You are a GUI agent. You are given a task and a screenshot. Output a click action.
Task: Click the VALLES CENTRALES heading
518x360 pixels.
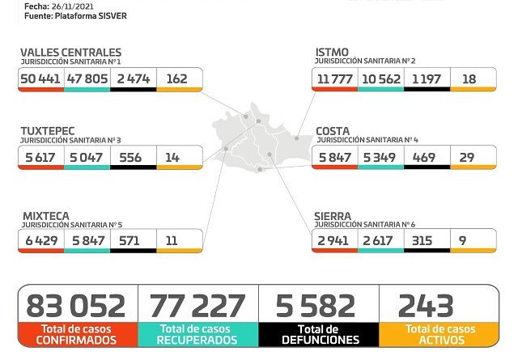point(71,53)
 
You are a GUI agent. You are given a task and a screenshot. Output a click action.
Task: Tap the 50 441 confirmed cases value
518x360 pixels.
point(40,78)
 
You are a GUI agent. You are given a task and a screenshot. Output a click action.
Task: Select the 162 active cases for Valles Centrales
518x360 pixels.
point(176,78)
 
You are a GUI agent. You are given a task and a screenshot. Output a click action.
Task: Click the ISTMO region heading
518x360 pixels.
point(333,53)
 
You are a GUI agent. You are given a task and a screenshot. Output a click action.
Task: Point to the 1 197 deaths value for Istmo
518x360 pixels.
point(426,78)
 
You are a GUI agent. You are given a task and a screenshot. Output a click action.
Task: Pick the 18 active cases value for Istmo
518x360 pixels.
point(469,78)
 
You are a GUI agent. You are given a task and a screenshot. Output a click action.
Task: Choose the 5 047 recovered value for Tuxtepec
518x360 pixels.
point(86,157)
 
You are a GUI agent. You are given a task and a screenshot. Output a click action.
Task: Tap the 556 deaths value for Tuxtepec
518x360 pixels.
point(131,157)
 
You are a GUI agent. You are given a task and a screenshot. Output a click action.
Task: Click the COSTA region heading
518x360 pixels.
point(333,131)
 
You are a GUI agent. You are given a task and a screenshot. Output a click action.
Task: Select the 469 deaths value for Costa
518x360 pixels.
point(425,157)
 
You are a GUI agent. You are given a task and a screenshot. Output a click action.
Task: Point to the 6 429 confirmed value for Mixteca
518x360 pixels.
point(40,241)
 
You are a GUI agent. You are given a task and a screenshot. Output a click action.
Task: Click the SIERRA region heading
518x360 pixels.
point(333,216)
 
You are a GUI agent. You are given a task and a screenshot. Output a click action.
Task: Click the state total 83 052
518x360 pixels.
point(76,306)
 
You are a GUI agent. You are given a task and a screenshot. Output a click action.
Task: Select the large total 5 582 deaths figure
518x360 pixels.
point(316,306)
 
